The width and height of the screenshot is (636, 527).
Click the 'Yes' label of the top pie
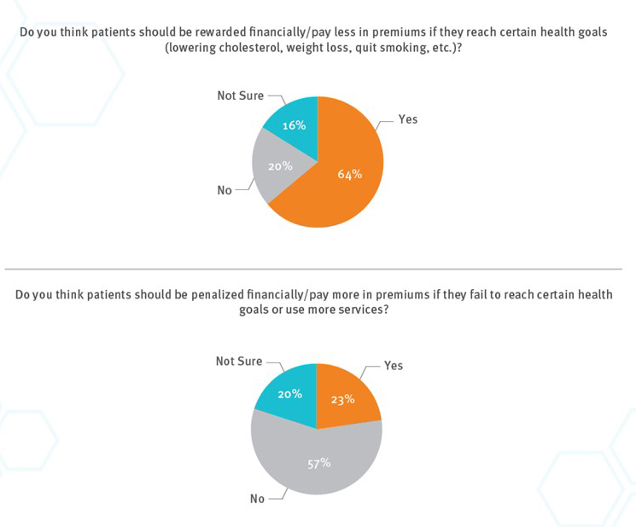tap(407, 119)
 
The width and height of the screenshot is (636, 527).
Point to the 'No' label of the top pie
tap(225, 190)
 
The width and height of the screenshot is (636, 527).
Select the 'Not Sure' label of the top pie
tap(240, 96)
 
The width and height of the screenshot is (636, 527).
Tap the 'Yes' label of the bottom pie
tap(393, 365)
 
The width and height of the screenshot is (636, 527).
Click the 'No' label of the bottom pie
tap(257, 499)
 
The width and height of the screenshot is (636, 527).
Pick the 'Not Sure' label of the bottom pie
tap(239, 362)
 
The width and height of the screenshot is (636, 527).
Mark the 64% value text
tap(350, 174)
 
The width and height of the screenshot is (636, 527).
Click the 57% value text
tap(319, 463)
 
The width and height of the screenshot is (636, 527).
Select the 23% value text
tap(343, 398)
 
